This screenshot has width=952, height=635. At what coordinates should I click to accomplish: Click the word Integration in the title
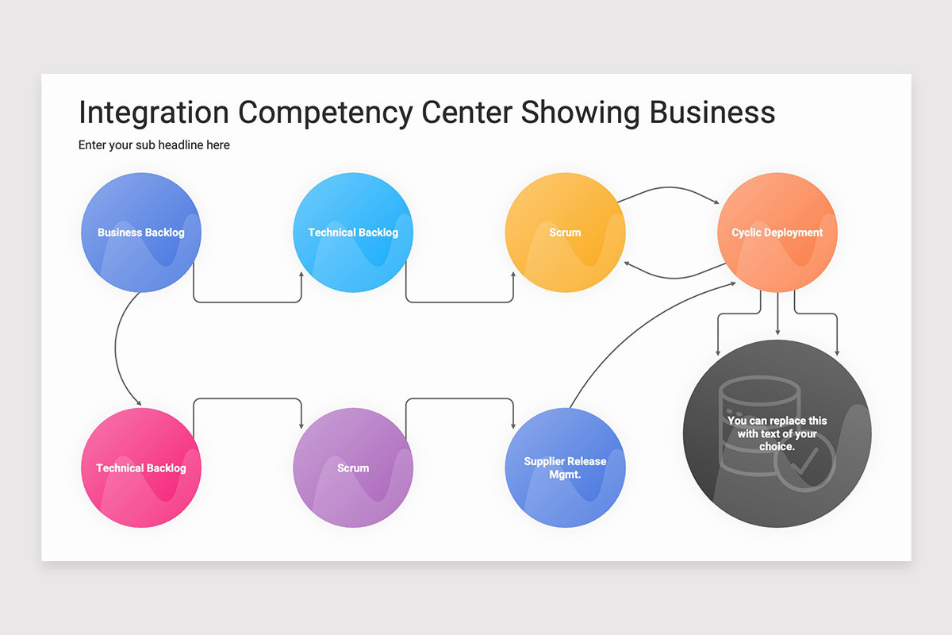[x=154, y=113]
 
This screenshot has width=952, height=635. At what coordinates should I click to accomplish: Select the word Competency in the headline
[x=325, y=113]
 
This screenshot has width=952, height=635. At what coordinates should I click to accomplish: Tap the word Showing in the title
[x=580, y=113]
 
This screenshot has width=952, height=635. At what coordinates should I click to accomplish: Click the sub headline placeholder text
[x=154, y=145]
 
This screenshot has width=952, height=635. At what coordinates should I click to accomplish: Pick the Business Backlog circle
[x=141, y=233]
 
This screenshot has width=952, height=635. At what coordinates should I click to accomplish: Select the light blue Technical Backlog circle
[x=353, y=233]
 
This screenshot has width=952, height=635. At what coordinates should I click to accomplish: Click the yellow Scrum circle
[x=565, y=233]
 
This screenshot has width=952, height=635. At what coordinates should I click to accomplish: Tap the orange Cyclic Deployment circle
[x=777, y=233]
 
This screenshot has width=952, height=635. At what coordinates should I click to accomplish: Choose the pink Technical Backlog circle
[x=141, y=468]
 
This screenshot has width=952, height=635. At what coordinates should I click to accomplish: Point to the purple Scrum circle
[x=353, y=468]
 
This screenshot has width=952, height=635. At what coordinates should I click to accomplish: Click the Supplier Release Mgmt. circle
[x=565, y=468]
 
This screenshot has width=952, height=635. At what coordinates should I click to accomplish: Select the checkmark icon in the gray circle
[x=804, y=462]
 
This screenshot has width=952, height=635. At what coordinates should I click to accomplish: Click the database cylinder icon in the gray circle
[x=759, y=425]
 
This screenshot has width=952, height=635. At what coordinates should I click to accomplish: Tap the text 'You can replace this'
[x=777, y=421]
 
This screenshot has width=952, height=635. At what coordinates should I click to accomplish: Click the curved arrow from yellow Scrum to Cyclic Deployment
[x=669, y=187]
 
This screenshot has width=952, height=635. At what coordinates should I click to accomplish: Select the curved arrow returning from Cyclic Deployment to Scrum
[x=675, y=278]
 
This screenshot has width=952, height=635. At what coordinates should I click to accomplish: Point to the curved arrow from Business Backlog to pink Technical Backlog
[x=116, y=348]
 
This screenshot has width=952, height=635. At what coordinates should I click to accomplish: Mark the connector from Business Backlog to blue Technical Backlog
[x=248, y=302]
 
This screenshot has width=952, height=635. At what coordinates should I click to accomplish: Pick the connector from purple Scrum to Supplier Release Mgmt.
[x=460, y=398]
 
